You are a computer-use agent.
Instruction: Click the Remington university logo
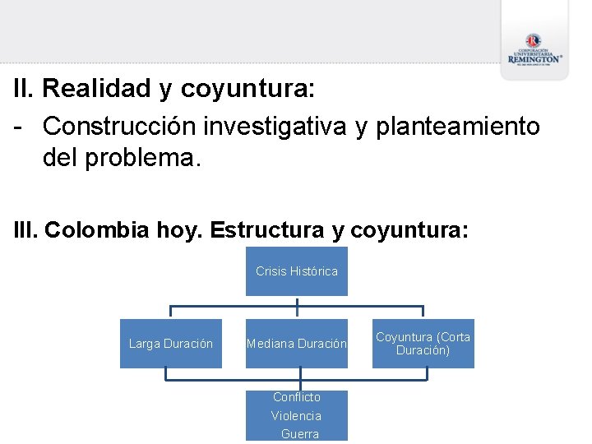[534, 49]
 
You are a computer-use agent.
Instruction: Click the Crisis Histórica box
[297, 271]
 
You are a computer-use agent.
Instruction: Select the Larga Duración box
[171, 344]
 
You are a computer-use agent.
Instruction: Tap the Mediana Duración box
[297, 344]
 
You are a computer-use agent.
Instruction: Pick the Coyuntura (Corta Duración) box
[423, 344]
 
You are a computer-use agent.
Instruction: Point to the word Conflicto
[297, 397]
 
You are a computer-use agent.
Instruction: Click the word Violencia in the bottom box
[297, 416]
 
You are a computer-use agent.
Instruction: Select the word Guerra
[299, 434]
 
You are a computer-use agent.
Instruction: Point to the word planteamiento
[458, 126]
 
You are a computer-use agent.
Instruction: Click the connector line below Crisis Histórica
[297, 304]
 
